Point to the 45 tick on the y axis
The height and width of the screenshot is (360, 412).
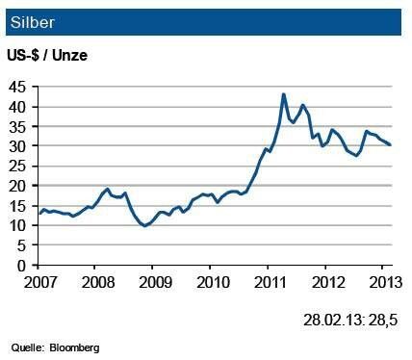(19, 87)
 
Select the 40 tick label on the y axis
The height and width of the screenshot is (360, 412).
(19, 106)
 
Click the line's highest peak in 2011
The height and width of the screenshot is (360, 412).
(283, 94)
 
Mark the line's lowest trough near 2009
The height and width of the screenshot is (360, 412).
(144, 225)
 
